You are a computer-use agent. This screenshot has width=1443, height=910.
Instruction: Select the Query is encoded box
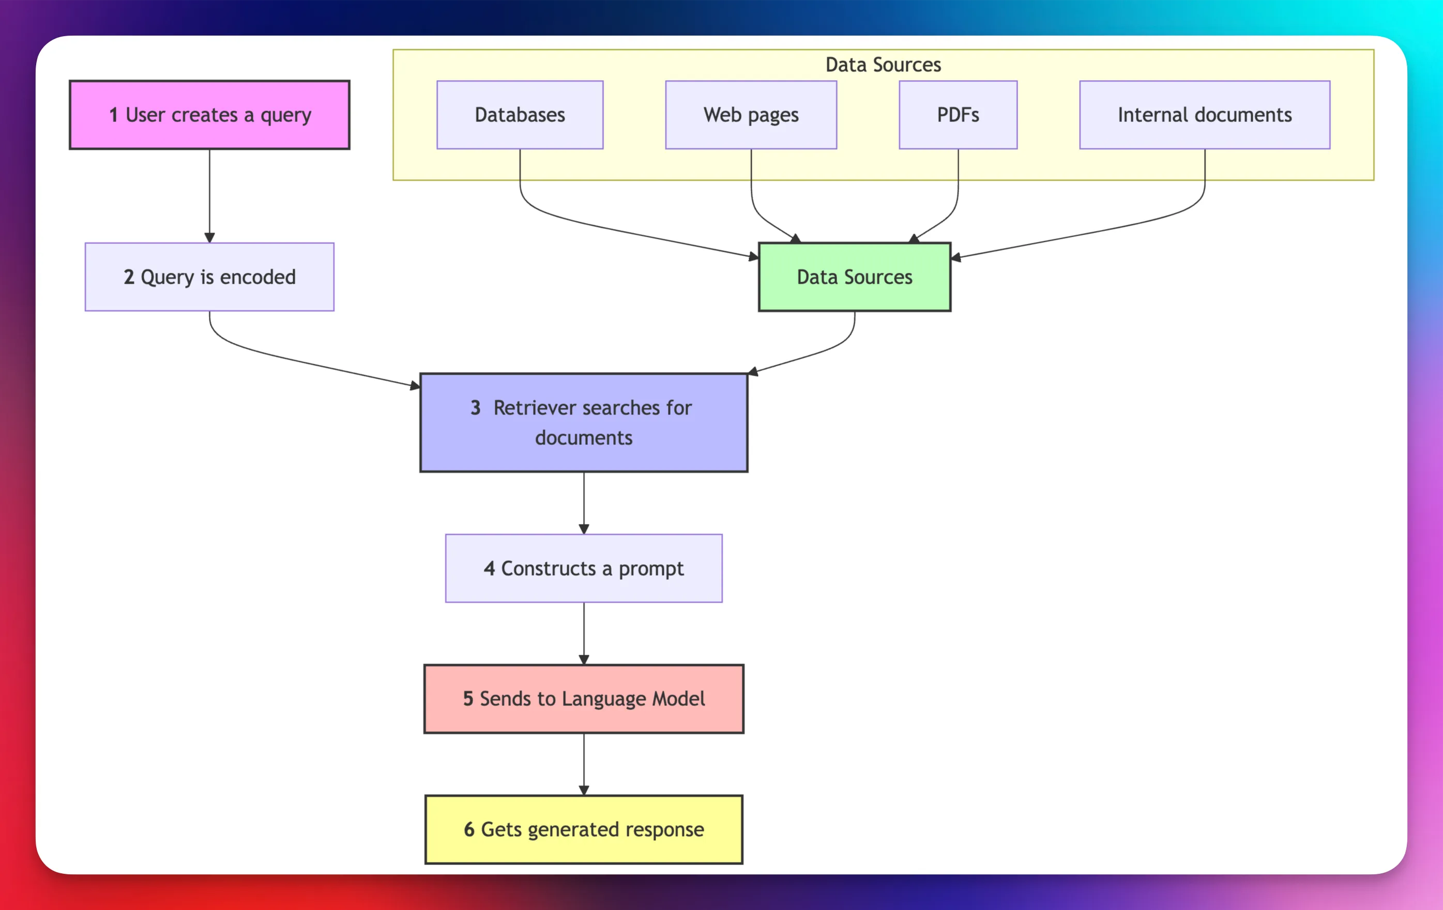(x=209, y=277)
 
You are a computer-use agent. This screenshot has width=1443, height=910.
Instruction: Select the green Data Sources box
(x=855, y=277)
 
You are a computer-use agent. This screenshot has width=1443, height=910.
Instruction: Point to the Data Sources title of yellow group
(x=883, y=65)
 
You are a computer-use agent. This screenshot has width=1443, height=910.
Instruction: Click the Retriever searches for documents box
(x=584, y=423)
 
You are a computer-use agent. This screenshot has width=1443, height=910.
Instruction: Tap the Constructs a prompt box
(x=584, y=568)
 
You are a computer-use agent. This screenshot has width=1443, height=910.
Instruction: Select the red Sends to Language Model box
(x=584, y=699)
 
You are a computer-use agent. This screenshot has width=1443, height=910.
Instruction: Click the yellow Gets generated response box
(x=584, y=829)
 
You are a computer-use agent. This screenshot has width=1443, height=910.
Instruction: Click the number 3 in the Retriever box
(x=475, y=408)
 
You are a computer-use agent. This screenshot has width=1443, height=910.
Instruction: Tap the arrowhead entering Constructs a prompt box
(x=584, y=529)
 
